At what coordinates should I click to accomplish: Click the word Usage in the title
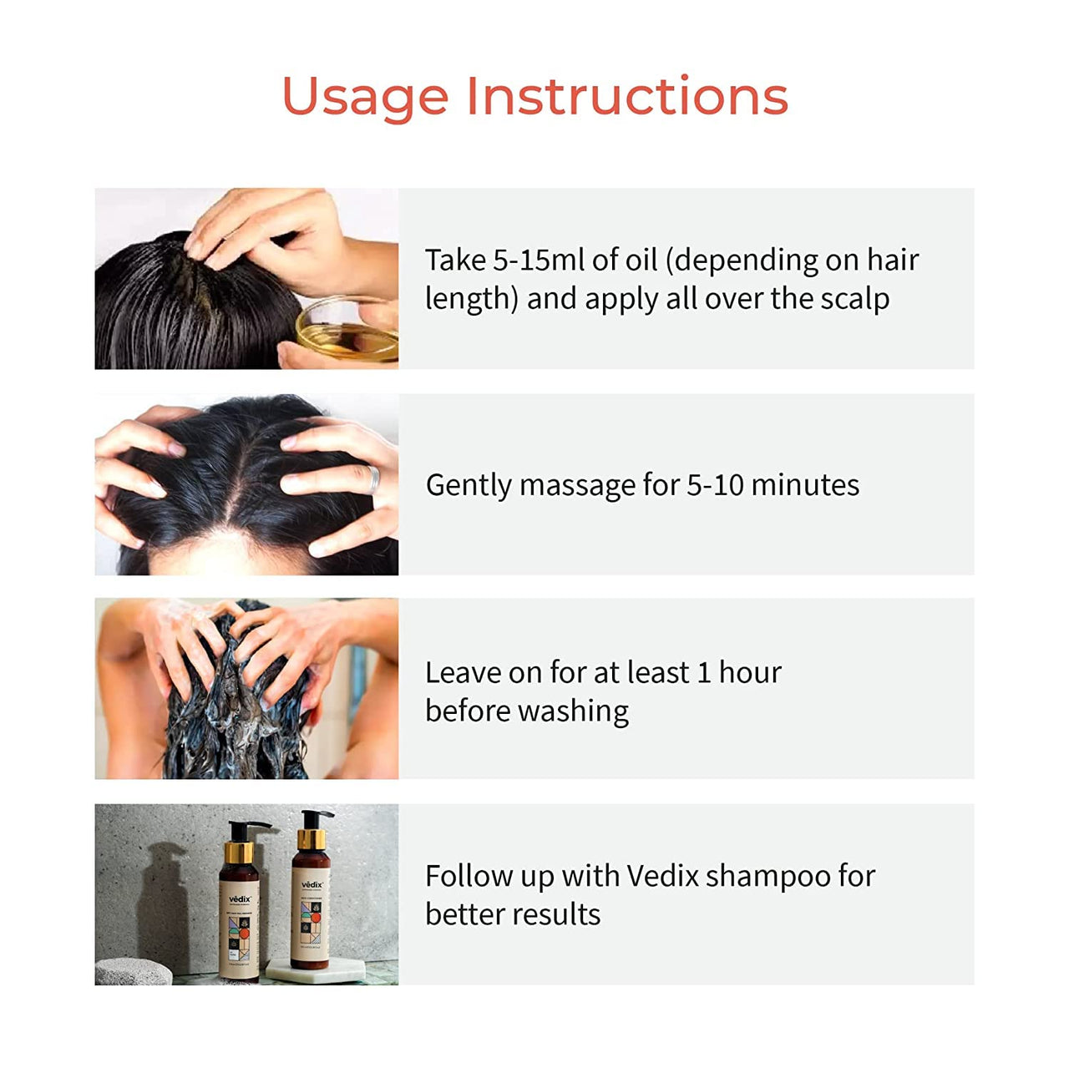(365, 97)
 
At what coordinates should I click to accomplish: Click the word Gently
(469, 485)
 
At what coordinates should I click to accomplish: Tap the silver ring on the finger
(374, 479)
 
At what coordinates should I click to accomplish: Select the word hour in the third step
(750, 672)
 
